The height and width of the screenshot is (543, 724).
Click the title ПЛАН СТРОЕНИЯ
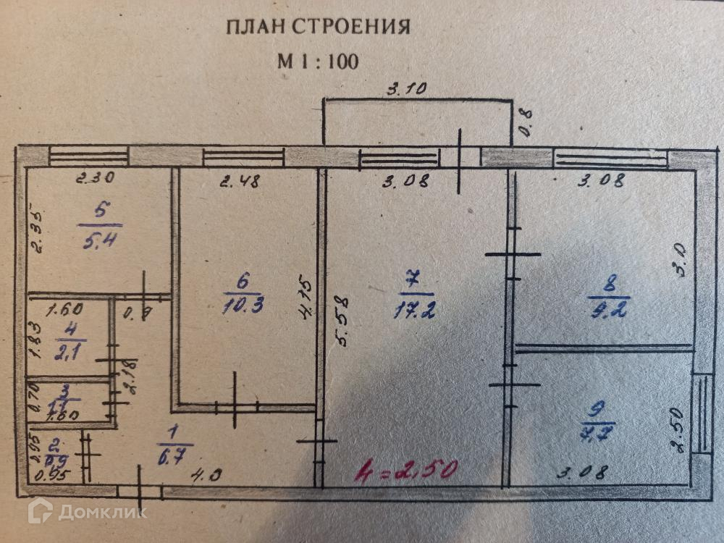click(x=318, y=28)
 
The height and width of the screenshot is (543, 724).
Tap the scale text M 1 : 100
click(x=318, y=62)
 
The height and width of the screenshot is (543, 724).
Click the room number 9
click(x=598, y=411)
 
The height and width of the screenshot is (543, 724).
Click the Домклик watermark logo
click(x=87, y=511)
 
